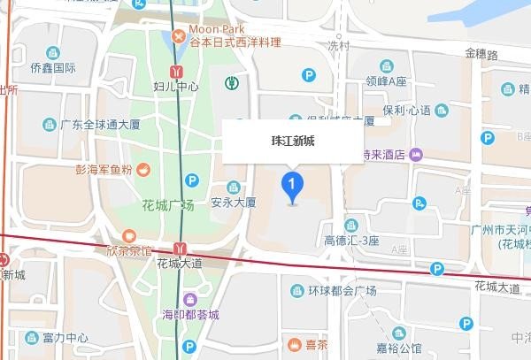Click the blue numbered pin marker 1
click(292, 185)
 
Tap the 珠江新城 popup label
click(292, 141)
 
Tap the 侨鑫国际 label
click(52, 68)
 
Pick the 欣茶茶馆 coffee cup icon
click(128, 236)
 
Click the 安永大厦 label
click(233, 202)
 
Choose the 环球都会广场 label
click(342, 291)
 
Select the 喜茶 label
click(316, 344)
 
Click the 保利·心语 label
click(406, 110)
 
